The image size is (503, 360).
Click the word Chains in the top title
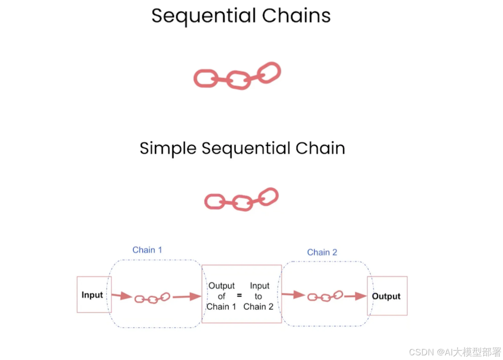point(296,15)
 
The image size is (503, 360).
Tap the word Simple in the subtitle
point(168,149)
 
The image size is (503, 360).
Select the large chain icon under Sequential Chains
point(238,75)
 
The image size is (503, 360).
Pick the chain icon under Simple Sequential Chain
point(241,200)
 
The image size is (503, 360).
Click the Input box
point(93,295)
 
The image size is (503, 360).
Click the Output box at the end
point(387,296)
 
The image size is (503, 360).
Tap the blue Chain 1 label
point(147,250)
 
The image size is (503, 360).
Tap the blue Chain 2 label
point(322,252)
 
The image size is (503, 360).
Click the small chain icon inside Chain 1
point(152,298)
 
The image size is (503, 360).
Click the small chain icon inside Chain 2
point(326,296)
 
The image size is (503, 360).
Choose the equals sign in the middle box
point(239,295)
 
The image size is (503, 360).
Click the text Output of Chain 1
point(221,296)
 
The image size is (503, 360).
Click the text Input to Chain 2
point(258,296)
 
